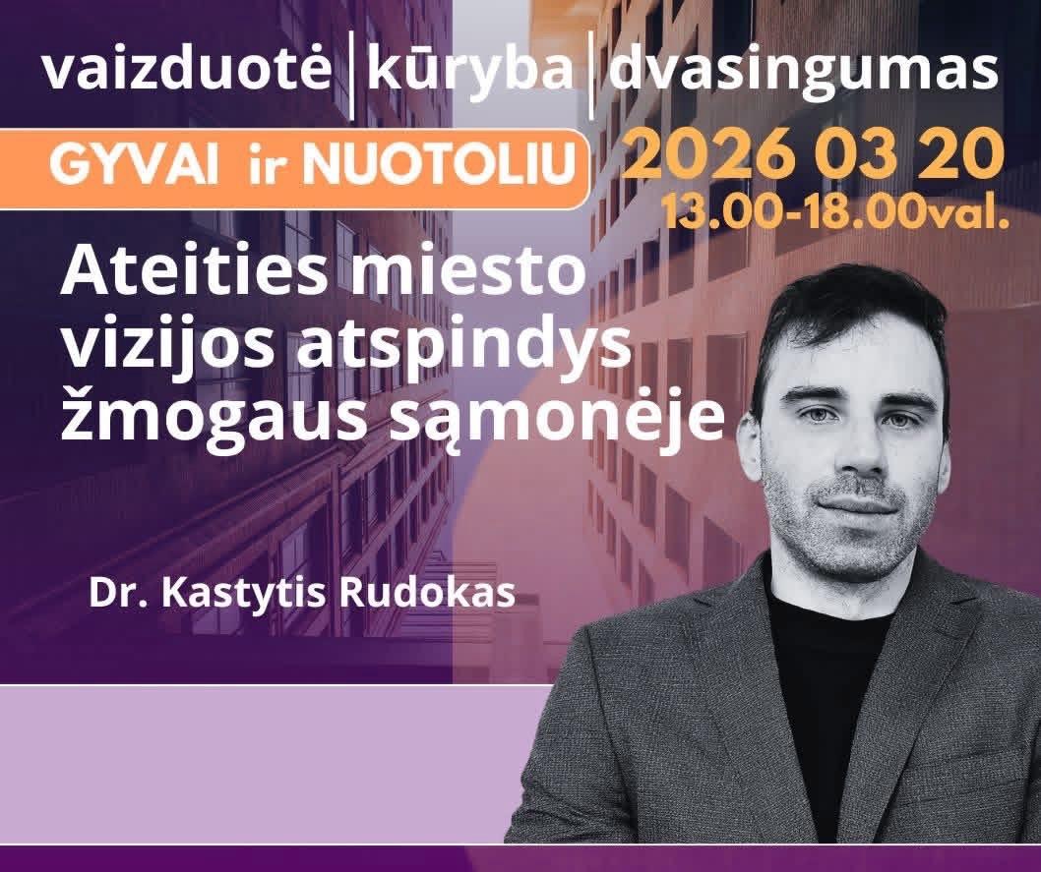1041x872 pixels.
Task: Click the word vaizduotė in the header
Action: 187,69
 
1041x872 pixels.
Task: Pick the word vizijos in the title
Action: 167,349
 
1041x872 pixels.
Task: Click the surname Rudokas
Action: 427,593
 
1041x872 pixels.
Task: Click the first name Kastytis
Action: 240,595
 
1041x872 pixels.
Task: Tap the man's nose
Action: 859,453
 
